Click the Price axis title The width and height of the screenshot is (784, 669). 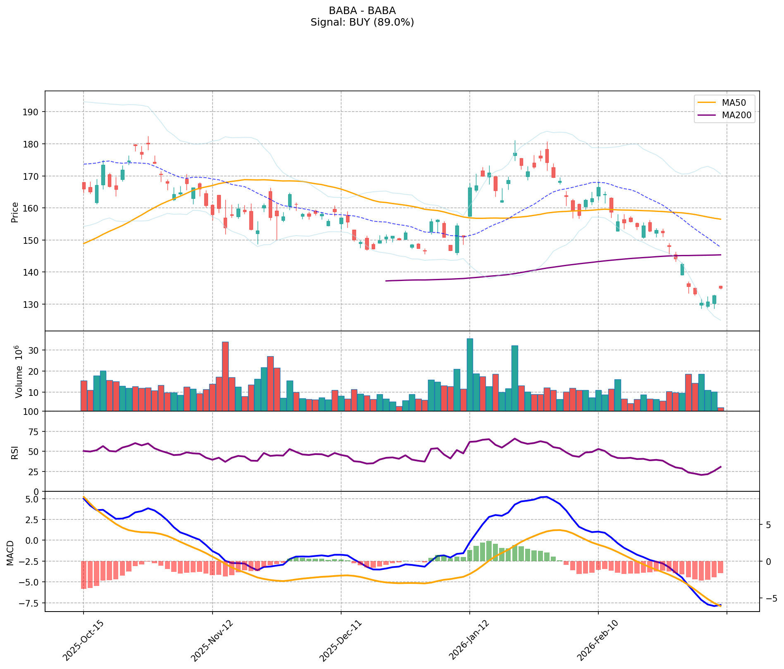coord(15,212)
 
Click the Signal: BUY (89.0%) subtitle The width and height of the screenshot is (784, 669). coord(362,22)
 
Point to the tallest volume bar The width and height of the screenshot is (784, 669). coord(470,374)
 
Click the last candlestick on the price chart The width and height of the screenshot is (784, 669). coord(721,287)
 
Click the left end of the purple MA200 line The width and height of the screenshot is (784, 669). coord(386,281)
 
